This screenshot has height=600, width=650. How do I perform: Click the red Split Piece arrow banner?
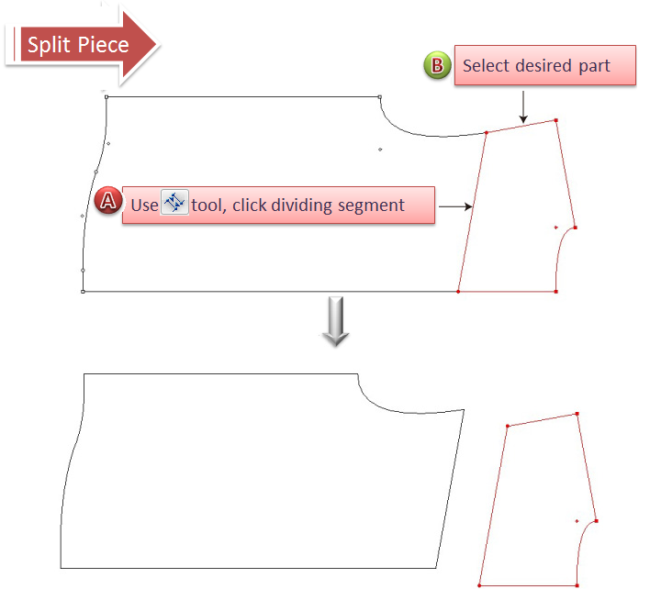coord(83,45)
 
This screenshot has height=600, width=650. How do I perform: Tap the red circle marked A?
coord(108,203)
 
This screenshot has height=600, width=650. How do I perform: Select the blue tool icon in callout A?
coord(174,204)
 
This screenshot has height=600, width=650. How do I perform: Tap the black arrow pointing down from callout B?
coord(522,106)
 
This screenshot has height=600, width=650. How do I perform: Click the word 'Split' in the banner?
coord(48,45)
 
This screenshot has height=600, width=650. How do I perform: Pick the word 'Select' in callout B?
coord(485,66)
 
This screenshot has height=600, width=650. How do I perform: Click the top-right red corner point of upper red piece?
coord(556,120)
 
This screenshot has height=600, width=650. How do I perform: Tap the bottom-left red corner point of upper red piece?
coord(458,292)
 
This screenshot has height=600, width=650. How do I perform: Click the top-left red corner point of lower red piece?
coord(507,425)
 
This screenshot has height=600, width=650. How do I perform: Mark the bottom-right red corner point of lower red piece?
coord(577,585)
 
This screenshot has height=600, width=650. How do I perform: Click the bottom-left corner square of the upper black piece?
coord(83,292)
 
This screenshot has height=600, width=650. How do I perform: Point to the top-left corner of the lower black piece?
coord(84,374)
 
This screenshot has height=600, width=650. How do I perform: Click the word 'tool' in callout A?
coord(208,205)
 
